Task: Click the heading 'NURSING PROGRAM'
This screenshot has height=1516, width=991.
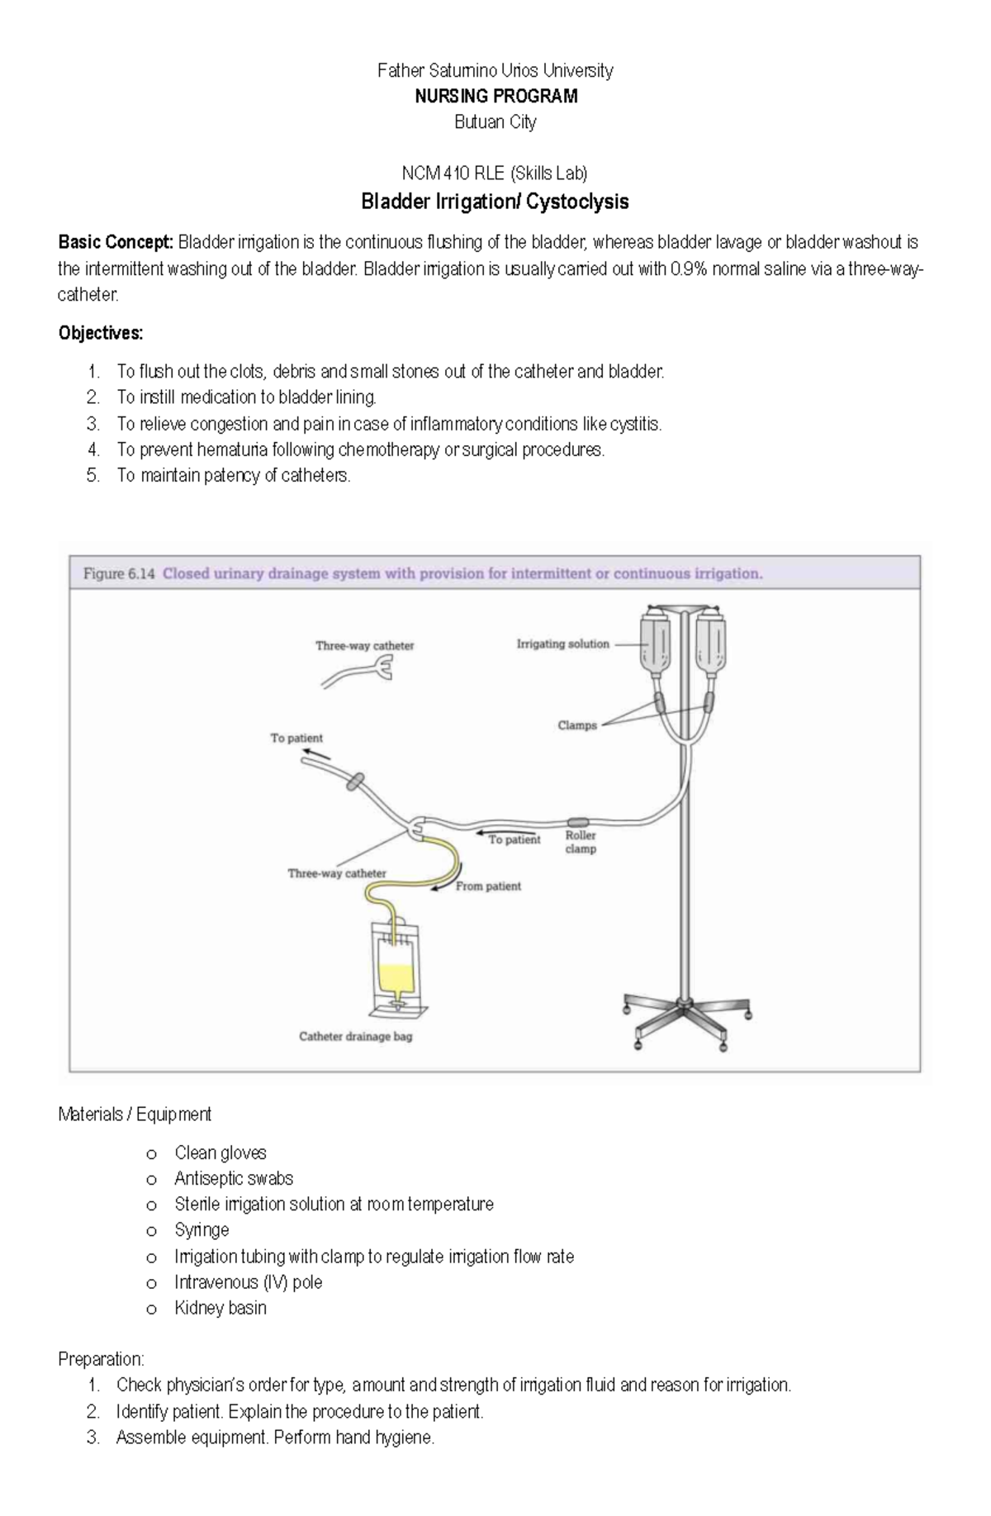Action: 495,97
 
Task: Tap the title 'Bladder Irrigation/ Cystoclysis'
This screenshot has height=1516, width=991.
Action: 495,202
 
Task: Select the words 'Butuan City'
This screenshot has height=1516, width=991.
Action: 495,122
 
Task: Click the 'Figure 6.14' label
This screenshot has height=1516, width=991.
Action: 118,573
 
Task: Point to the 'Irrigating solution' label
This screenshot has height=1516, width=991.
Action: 562,644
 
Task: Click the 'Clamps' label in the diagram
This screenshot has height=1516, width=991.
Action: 576,725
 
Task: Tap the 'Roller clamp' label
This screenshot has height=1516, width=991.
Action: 581,842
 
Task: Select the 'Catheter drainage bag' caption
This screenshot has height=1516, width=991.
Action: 355,1036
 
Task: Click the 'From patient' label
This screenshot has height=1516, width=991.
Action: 488,886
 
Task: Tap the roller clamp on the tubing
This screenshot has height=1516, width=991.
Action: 577,822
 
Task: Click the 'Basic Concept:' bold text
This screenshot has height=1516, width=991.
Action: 116,243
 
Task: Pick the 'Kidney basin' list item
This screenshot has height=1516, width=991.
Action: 220,1308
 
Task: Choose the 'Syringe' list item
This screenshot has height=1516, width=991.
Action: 202,1230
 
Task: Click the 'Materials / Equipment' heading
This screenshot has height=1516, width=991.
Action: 135,1114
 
